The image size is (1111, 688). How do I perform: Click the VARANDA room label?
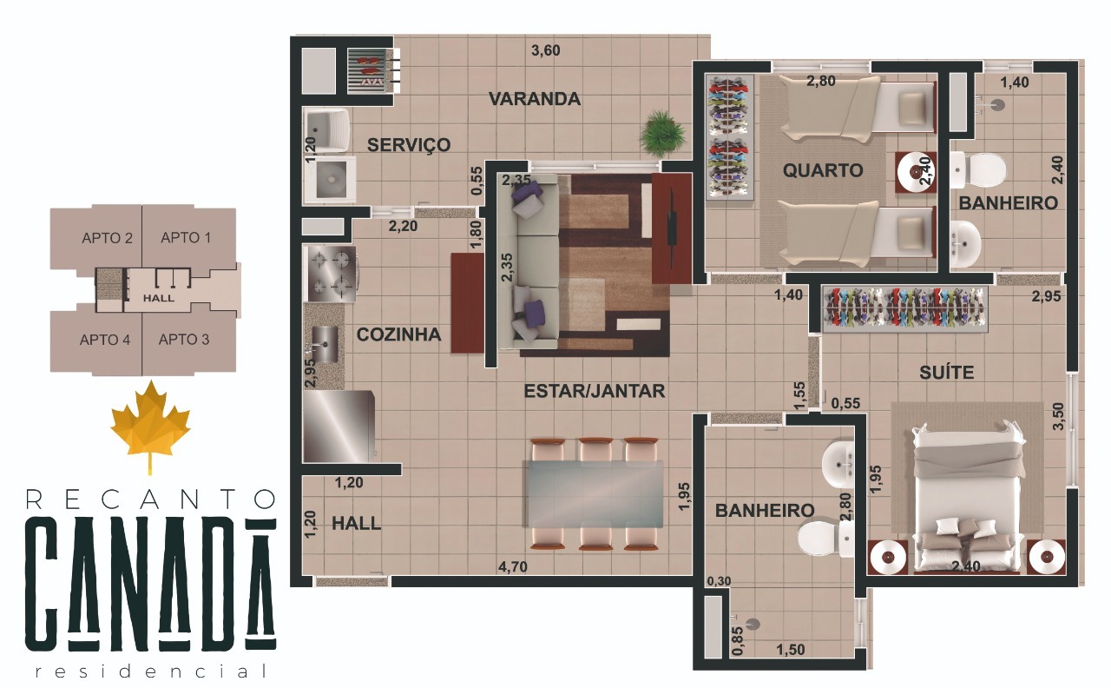pos(534,99)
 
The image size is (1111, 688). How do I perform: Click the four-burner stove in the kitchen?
pos(332,271)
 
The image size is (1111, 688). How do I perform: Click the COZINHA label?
pos(398,334)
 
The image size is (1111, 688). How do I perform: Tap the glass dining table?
pos(595,493)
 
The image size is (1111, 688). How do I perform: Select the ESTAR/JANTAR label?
pos(595,392)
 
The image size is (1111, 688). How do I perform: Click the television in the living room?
pos(673,228)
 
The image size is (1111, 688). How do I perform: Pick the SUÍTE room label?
pos(946,373)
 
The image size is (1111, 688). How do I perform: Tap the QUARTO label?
pos(823,170)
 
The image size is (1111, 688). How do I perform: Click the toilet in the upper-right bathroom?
pos(979,170)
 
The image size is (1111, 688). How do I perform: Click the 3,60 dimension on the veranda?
pos(545,50)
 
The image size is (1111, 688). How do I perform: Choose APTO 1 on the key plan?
pos(186,237)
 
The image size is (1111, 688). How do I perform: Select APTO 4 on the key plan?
pos(105,340)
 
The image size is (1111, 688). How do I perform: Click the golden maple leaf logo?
pos(150,421)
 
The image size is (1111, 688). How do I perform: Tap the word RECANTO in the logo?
pos(150,499)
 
